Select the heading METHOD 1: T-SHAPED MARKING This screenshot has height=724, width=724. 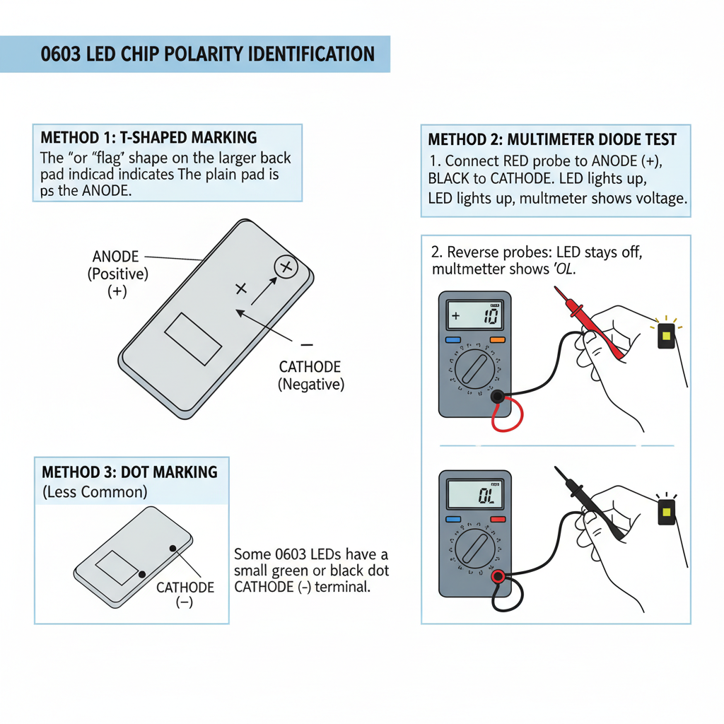[x=149, y=137]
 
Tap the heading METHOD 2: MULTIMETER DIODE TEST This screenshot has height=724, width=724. [x=552, y=139]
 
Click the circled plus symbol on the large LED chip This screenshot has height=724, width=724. [x=286, y=267]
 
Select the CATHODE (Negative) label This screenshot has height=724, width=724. [x=310, y=375]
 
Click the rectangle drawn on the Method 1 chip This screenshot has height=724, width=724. [x=193, y=339]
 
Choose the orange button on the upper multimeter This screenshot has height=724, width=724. [x=497, y=340]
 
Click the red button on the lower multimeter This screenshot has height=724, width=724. [x=497, y=520]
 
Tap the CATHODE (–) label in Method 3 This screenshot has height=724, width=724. [x=185, y=595]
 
